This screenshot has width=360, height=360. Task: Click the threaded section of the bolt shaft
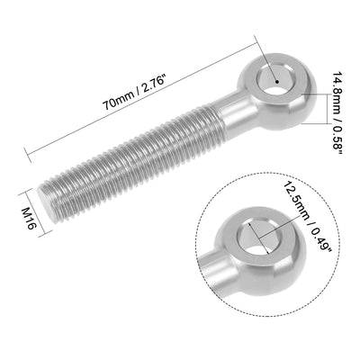click(x=135, y=166)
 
